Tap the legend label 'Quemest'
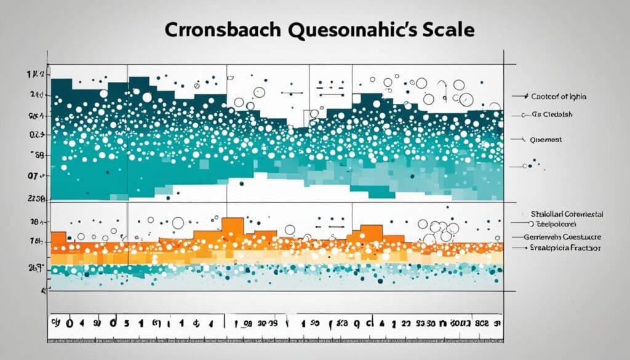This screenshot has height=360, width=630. click(545, 140)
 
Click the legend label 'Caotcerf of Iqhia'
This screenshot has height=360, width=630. click(559, 97)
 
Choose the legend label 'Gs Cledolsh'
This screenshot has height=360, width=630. click(553, 114)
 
